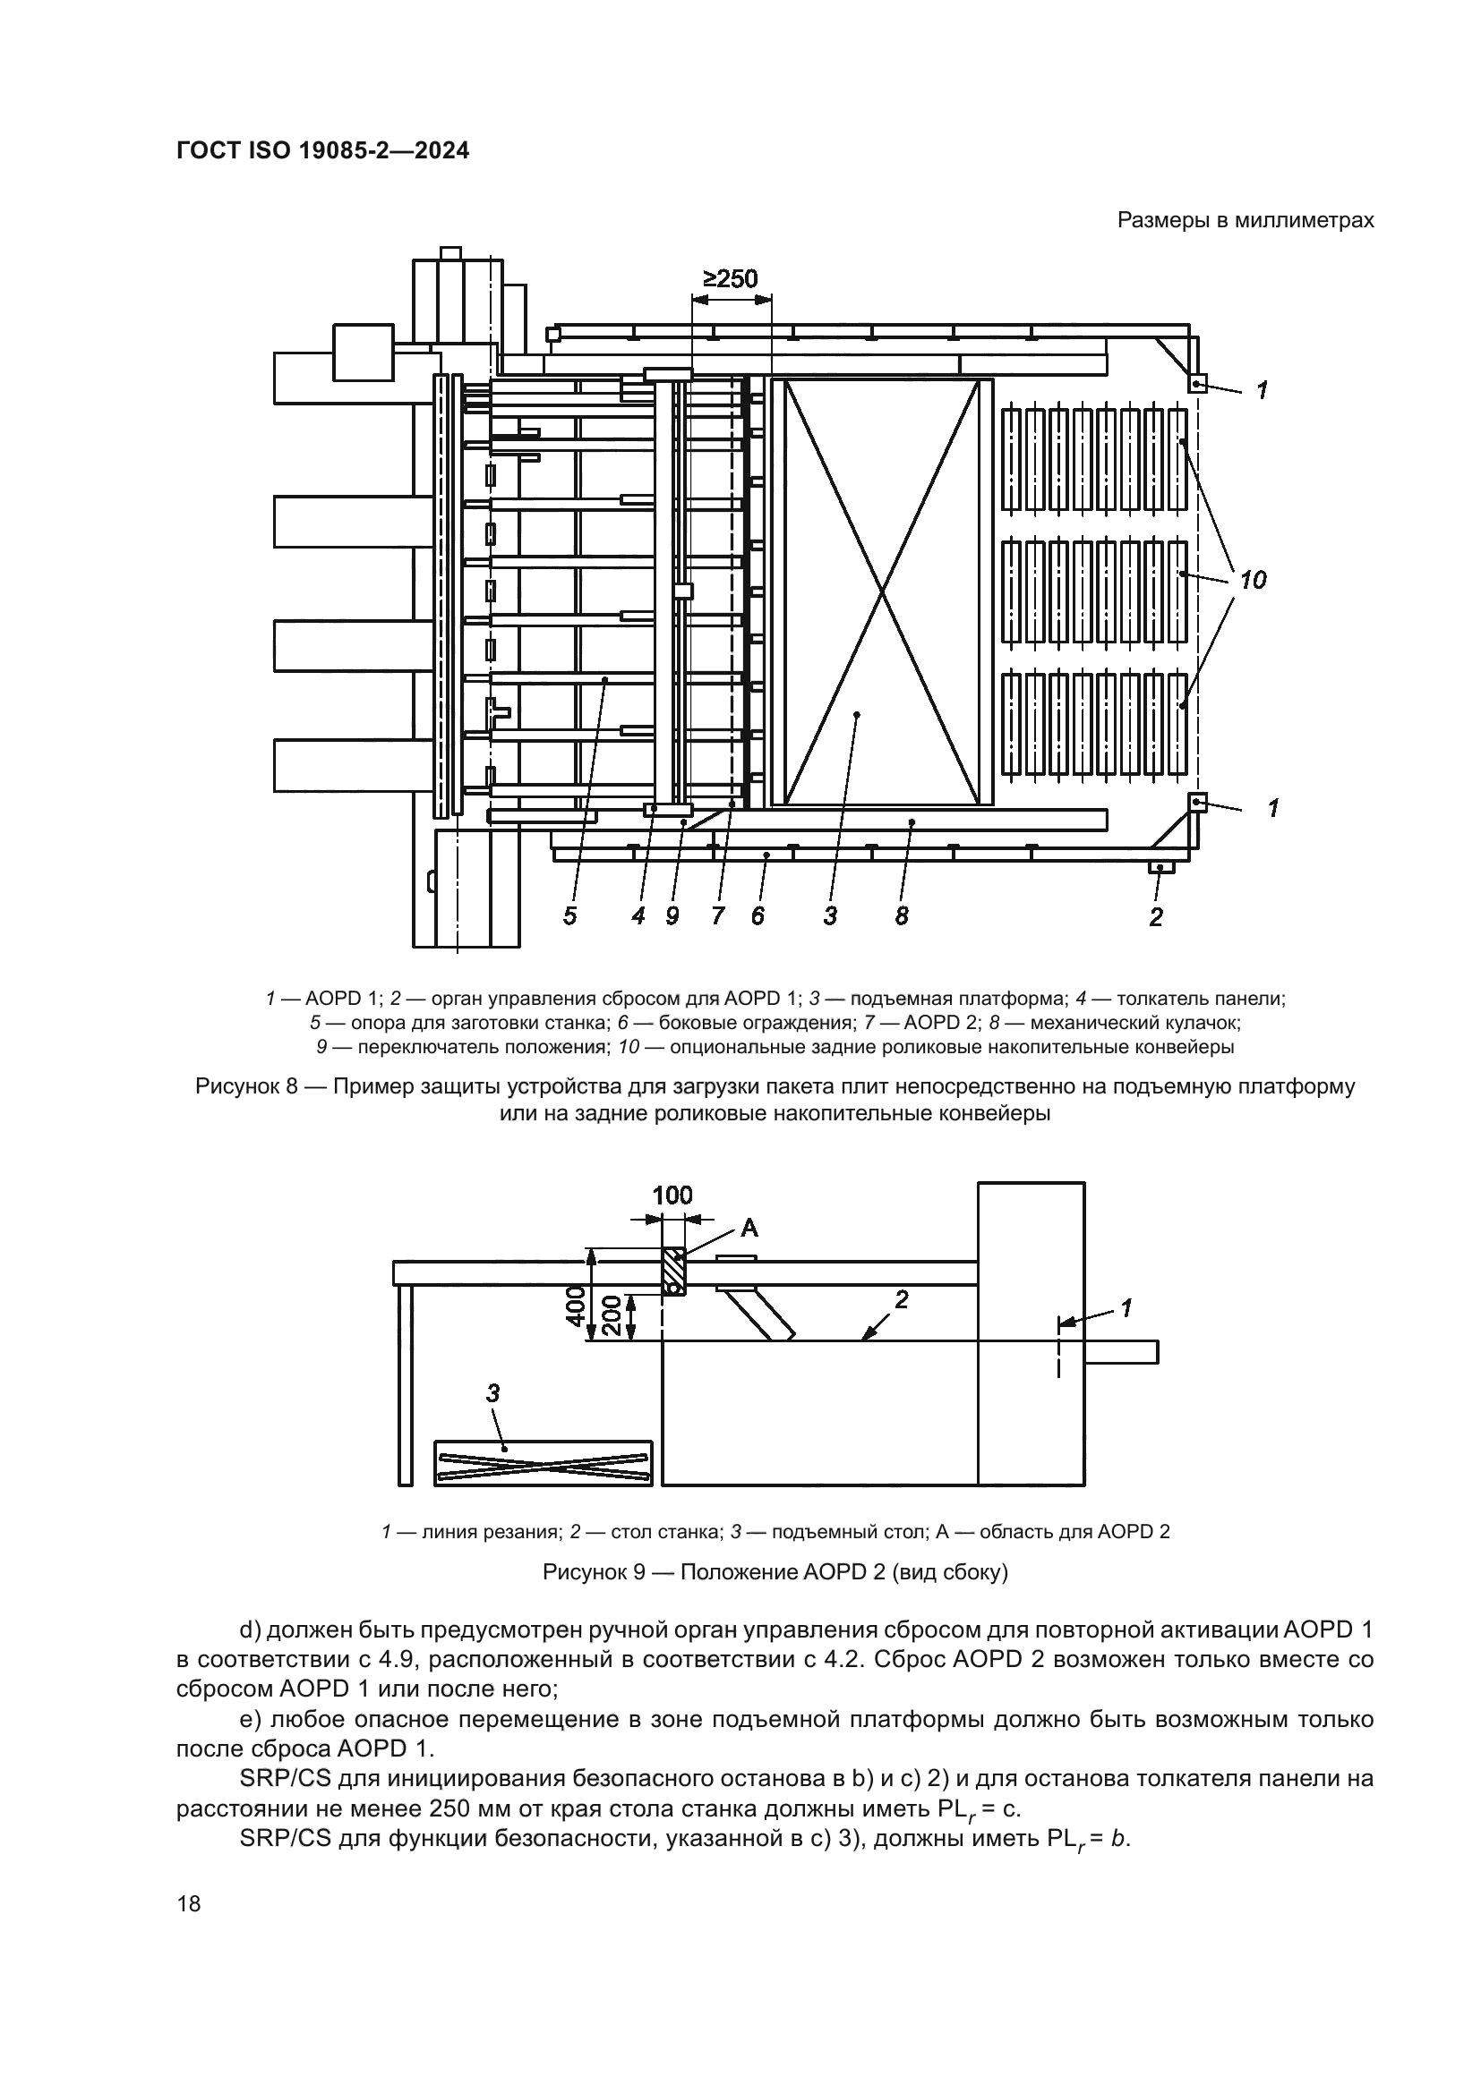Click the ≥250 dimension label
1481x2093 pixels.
coord(730,279)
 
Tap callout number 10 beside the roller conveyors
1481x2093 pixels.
coord(1252,580)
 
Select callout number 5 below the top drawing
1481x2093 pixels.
coord(570,916)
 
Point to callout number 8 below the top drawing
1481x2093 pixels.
coord(901,916)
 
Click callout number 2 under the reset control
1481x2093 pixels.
coord(1156,918)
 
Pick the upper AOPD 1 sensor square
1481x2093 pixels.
coord(1197,384)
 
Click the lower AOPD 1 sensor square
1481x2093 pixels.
coord(1197,801)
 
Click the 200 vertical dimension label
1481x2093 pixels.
coord(612,1315)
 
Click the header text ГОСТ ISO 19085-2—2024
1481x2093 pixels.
coord(323,151)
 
